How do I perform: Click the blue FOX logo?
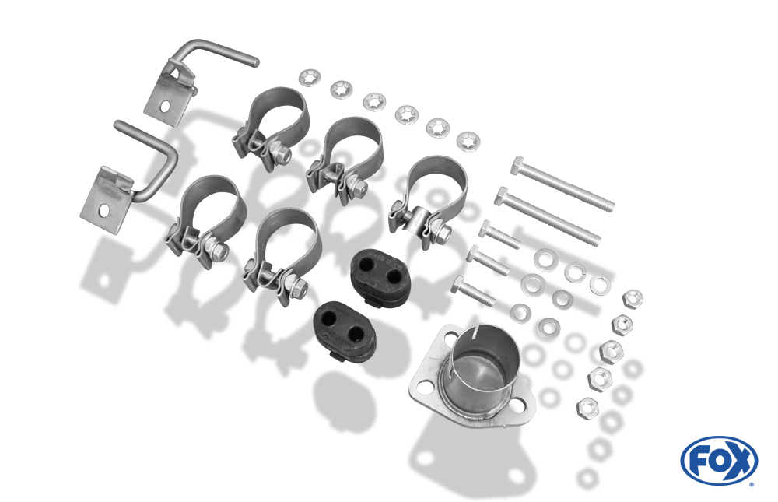(719, 460)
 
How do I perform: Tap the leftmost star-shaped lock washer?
(310, 78)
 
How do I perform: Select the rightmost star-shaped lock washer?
(468, 141)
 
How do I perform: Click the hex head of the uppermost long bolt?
(518, 165)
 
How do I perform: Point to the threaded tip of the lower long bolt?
(596, 240)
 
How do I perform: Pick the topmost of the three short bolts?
(499, 235)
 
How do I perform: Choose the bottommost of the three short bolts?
(473, 290)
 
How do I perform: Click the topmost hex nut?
(633, 299)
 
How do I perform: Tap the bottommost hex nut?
(587, 408)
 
